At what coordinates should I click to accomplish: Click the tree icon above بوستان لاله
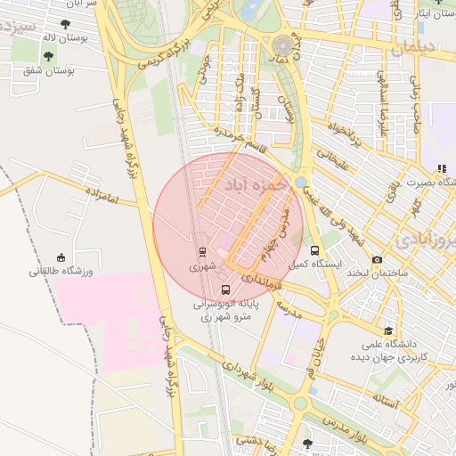coord(64,24)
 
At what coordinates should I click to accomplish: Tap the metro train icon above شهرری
coord(202,252)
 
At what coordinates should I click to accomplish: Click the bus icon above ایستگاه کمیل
coord(313,250)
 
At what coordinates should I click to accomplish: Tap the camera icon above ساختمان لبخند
coord(377,259)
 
